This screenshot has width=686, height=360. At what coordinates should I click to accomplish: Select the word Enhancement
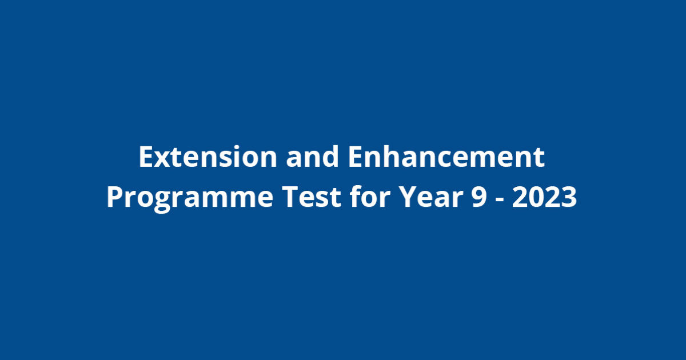(446, 158)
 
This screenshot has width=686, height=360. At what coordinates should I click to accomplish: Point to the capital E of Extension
(146, 158)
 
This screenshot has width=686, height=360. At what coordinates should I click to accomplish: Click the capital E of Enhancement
(355, 158)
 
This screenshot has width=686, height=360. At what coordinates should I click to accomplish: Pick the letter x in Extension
(162, 160)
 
